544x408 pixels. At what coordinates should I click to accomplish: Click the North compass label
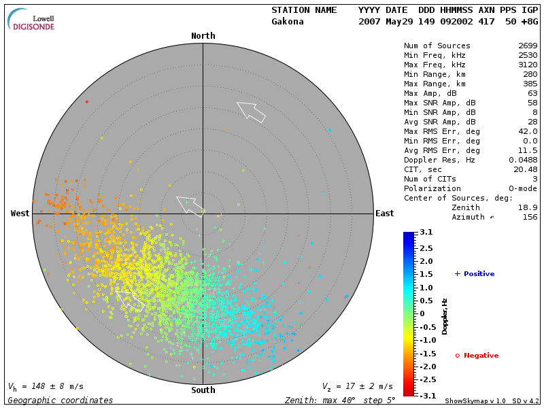[203, 36]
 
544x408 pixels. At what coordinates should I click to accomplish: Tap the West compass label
[20, 214]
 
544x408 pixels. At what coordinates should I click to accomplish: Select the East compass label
[384, 214]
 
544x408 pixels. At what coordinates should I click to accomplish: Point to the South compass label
[203, 390]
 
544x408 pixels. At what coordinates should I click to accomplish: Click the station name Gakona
[288, 22]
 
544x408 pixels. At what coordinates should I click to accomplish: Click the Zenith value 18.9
[528, 207]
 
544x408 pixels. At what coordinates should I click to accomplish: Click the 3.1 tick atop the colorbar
[426, 233]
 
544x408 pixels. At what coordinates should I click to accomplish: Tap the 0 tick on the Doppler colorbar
[422, 313]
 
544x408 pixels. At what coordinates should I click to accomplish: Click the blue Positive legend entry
[475, 274]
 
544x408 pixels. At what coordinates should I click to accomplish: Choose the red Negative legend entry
[477, 356]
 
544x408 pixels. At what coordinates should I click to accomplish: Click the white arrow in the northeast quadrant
[251, 111]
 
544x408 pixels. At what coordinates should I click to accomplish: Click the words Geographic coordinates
[61, 401]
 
